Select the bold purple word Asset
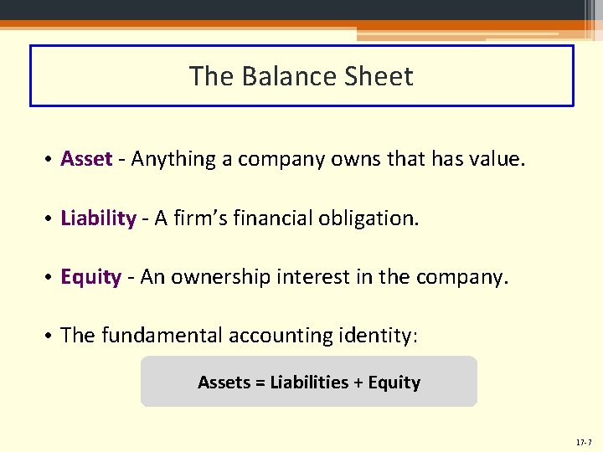(x=86, y=159)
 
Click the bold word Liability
(x=98, y=218)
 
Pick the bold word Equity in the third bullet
(x=91, y=277)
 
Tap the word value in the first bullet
(x=496, y=159)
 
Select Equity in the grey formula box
(x=394, y=383)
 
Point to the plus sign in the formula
(x=358, y=383)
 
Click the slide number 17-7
(x=584, y=441)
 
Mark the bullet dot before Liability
(x=50, y=219)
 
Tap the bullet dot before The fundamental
(x=50, y=336)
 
